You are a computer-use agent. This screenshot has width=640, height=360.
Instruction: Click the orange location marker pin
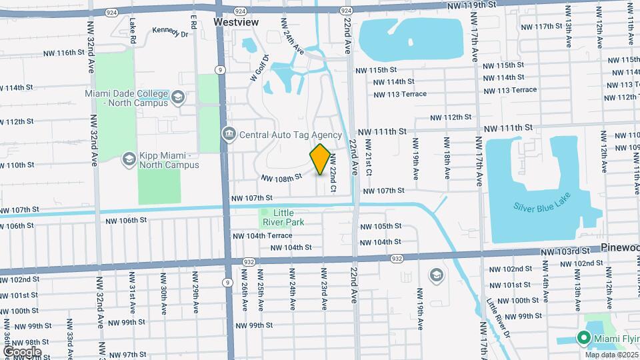point(320,159)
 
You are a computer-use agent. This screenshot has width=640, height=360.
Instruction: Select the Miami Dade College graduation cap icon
point(178,98)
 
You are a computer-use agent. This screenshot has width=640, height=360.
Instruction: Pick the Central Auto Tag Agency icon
point(229,135)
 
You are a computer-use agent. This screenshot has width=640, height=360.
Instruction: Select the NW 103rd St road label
point(566,251)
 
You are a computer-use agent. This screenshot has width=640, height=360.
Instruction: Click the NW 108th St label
point(282,178)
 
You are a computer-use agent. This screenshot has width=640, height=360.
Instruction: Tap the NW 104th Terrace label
point(262,236)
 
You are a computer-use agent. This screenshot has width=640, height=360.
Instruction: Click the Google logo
point(22,351)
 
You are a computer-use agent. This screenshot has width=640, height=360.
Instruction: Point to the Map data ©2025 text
point(610,354)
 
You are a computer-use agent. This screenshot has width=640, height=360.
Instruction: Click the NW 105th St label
point(381,226)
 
